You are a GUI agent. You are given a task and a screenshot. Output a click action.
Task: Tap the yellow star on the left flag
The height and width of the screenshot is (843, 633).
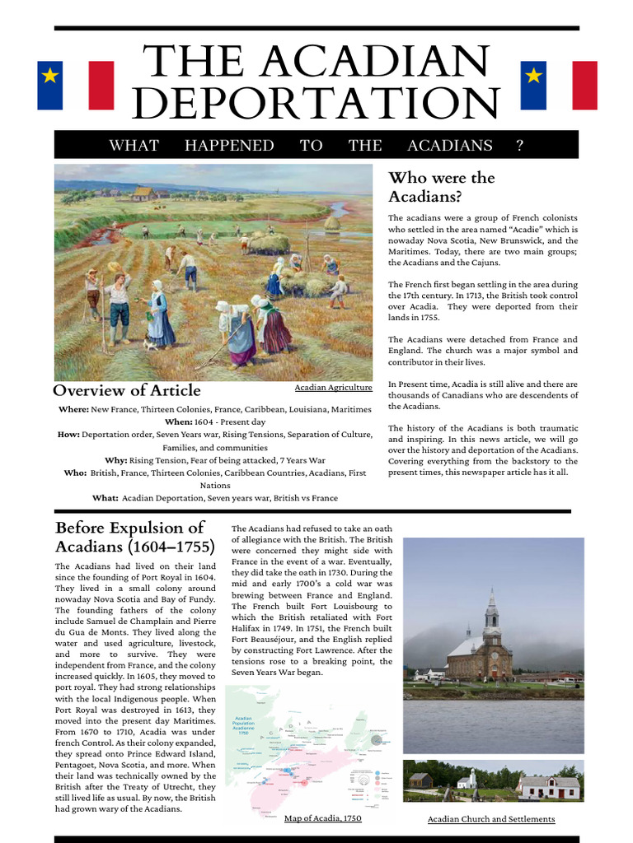tap(50, 77)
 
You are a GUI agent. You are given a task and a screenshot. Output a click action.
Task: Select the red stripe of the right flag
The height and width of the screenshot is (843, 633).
tap(584, 85)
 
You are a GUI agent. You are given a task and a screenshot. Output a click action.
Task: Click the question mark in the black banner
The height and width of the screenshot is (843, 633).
tap(519, 146)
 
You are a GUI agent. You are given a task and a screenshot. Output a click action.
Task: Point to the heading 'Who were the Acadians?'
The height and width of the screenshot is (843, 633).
tap(441, 187)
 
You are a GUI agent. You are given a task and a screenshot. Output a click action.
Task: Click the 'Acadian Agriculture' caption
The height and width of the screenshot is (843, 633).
tap(333, 387)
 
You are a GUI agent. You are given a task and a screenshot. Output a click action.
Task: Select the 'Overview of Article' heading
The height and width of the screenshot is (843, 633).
tap(127, 390)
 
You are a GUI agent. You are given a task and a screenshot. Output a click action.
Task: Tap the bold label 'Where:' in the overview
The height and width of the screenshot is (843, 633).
tap(73, 409)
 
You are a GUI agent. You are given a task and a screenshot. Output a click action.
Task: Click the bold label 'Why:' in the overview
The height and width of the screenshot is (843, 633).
tap(115, 460)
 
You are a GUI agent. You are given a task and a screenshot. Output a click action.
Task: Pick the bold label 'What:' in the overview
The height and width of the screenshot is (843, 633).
tap(105, 498)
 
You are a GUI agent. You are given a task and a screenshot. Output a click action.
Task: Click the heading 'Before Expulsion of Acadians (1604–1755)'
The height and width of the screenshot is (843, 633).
tap(135, 537)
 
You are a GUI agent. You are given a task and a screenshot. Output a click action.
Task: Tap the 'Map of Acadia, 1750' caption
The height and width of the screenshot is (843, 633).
tap(322, 818)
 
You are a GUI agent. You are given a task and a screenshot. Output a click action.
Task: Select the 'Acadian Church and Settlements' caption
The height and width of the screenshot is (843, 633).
tap(491, 819)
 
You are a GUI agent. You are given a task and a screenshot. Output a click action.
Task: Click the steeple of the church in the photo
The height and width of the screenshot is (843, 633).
tap(491, 609)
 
